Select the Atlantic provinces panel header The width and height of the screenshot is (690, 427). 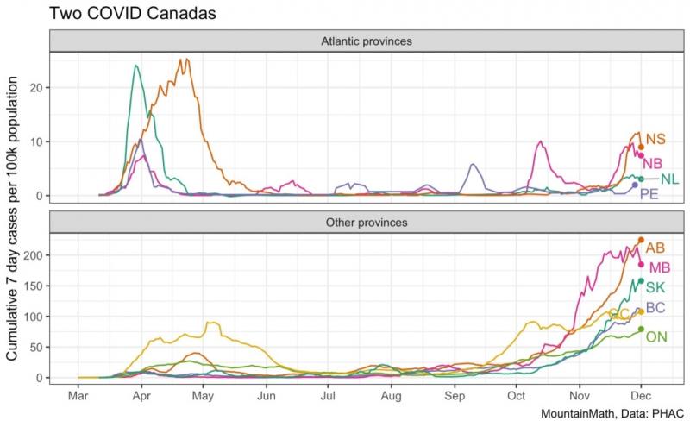pyautogui.click(x=366, y=41)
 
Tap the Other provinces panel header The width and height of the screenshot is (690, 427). pyautogui.click(x=366, y=222)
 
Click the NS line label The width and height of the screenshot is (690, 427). pyautogui.click(x=656, y=139)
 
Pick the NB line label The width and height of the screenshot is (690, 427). pyautogui.click(x=653, y=163)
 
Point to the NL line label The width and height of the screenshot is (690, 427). pyautogui.click(x=669, y=179)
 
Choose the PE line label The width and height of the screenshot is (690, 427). pyautogui.click(x=649, y=195)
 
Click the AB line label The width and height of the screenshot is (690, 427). pyautogui.click(x=655, y=248)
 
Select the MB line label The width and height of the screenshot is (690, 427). pyautogui.click(x=659, y=267)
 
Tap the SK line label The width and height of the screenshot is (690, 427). pyautogui.click(x=655, y=287)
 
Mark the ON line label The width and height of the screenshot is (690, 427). pyautogui.click(x=656, y=336)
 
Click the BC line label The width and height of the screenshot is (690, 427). pyautogui.click(x=655, y=308)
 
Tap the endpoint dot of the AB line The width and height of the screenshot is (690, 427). pyautogui.click(x=641, y=240)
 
